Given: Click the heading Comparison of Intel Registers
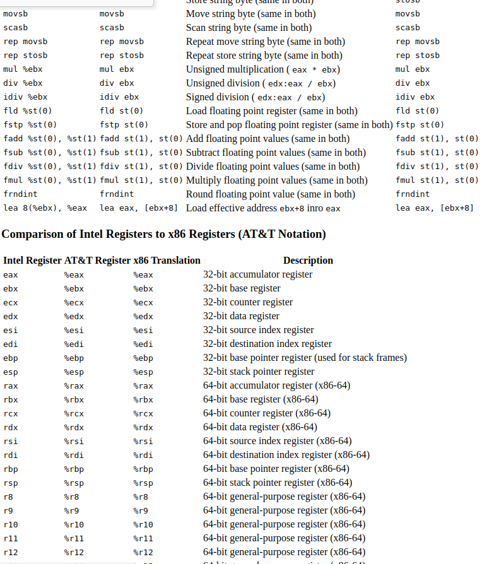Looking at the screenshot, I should tap(163, 234).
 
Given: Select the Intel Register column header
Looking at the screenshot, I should tap(32, 260).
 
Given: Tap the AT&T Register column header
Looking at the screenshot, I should tap(97, 260).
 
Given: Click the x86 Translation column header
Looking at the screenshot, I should tap(167, 260).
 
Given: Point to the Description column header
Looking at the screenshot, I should tap(308, 260).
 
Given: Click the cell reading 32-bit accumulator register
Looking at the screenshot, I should tap(257, 274).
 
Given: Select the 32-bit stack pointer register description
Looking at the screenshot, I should tap(259, 372).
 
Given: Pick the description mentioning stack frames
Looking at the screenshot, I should tap(305, 358).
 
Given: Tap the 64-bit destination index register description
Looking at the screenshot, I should tap(286, 455).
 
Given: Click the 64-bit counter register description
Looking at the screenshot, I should tap(267, 413).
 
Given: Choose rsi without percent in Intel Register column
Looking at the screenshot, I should tap(11, 441).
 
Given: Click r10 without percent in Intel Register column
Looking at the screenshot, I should tap(11, 524).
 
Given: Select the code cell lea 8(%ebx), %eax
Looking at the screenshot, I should tap(45, 208).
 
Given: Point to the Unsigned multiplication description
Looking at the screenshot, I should tap(263, 69).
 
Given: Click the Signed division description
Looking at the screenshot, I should tap(255, 97).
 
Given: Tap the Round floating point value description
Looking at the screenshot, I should tap(271, 194).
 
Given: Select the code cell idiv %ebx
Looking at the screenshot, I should tap(25, 97).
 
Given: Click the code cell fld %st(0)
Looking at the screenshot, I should tap(28, 111).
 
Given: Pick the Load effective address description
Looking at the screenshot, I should tap(263, 208).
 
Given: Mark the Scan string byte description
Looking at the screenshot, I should tap(249, 28).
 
